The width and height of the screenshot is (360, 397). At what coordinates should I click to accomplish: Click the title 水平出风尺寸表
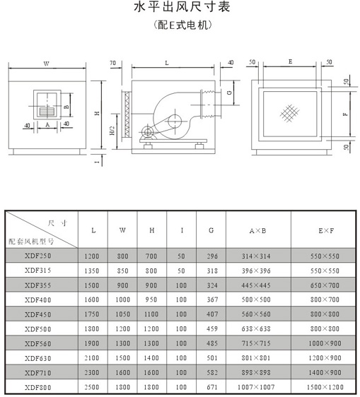click(182, 7)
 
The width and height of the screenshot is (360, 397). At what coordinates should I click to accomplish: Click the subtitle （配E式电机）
click(182, 25)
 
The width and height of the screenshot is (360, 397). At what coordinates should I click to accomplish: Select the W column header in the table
click(122, 230)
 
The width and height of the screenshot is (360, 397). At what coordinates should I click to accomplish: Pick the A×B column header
click(258, 231)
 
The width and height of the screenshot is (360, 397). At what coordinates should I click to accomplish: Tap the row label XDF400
click(37, 300)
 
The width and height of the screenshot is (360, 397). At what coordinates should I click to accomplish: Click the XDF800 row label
click(37, 387)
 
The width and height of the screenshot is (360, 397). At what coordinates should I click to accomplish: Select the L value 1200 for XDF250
click(91, 256)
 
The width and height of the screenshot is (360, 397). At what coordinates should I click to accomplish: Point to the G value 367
click(212, 300)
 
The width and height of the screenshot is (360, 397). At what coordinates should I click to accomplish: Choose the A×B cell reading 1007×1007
click(256, 387)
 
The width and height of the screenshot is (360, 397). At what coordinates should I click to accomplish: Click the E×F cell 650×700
click(325, 285)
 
